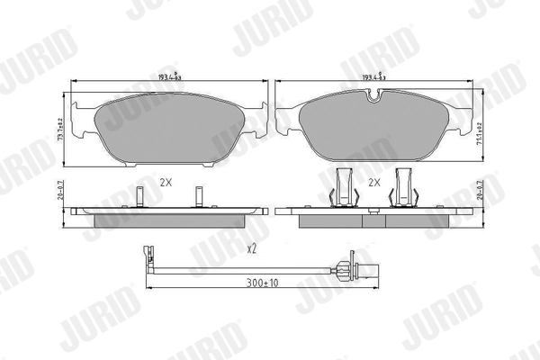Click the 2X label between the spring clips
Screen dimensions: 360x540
pyautogui.click(x=373, y=182)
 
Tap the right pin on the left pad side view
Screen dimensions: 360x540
pyautogui.click(x=199, y=196)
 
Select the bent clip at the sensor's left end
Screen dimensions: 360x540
pyautogui.click(x=148, y=257)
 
